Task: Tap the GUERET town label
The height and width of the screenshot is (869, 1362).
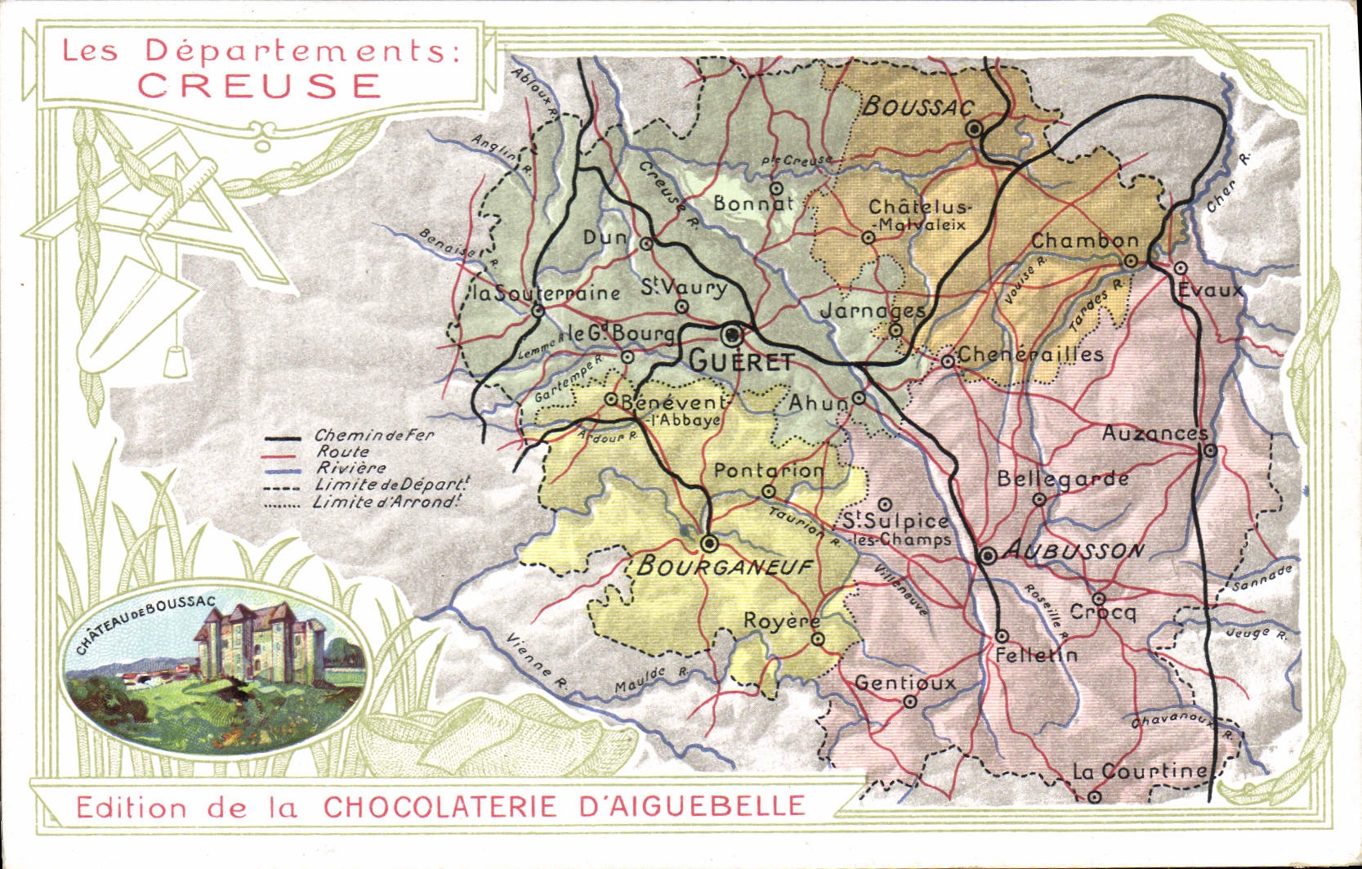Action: pyautogui.click(x=740, y=361)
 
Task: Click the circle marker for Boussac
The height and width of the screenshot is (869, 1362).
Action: pyautogui.click(x=973, y=129)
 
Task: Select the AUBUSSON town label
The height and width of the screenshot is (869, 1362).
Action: pyautogui.click(x=1072, y=551)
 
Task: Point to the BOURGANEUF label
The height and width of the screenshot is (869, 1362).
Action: pyautogui.click(x=724, y=566)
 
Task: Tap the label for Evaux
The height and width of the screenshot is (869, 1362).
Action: pyautogui.click(x=1210, y=290)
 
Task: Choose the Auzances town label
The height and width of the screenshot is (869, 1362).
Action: pyautogui.click(x=1154, y=433)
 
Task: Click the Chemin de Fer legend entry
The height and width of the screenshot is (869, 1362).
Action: pyautogui.click(x=373, y=436)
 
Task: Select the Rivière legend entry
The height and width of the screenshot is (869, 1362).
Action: pyautogui.click(x=351, y=468)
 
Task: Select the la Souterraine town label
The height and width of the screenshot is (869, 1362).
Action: pyautogui.click(x=545, y=293)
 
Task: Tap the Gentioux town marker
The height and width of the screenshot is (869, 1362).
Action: pyautogui.click(x=910, y=701)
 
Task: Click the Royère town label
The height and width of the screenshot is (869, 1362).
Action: pyautogui.click(x=781, y=621)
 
